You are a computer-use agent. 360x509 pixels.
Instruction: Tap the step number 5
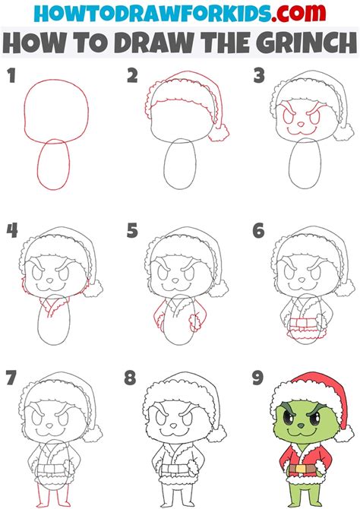click(x=131, y=229)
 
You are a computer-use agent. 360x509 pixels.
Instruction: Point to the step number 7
click(x=11, y=376)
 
